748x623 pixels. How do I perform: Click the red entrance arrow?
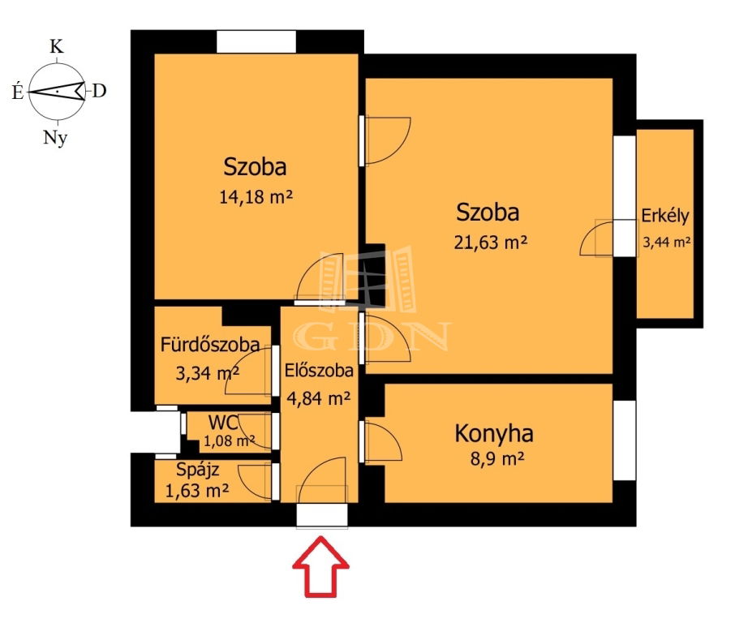(321, 567)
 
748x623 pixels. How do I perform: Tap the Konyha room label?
(494, 434)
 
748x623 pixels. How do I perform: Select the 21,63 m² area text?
(490, 243)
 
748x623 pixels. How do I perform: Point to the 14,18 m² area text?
(256, 196)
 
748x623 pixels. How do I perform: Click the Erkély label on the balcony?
(665, 216)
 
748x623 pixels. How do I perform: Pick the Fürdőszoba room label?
(210, 345)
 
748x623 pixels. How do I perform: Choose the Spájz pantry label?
(197, 470)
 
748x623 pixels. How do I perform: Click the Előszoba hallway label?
(319, 371)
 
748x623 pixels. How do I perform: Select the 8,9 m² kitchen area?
(497, 459)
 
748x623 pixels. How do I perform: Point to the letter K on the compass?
(56, 46)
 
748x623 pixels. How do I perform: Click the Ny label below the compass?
(56, 138)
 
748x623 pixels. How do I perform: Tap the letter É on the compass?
(18, 91)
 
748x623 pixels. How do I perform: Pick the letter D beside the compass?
(99, 91)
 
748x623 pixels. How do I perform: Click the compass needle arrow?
(56, 91)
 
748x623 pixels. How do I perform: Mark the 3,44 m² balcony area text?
(666, 243)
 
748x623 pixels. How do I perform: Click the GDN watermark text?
(372, 337)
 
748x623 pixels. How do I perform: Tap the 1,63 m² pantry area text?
(196, 491)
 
